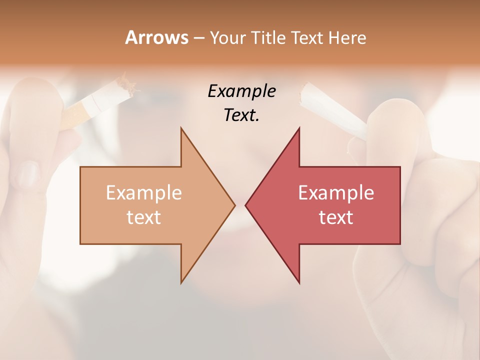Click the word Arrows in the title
(x=157, y=38)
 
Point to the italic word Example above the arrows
(x=241, y=91)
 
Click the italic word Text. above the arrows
(x=241, y=115)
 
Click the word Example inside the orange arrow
(x=143, y=193)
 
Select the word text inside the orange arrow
(x=143, y=217)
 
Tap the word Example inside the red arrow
(x=336, y=193)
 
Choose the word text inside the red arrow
(x=336, y=217)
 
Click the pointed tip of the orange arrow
(x=234, y=205)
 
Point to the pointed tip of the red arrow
(x=246, y=205)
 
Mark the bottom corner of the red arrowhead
(x=299, y=282)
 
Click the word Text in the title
(x=307, y=38)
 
